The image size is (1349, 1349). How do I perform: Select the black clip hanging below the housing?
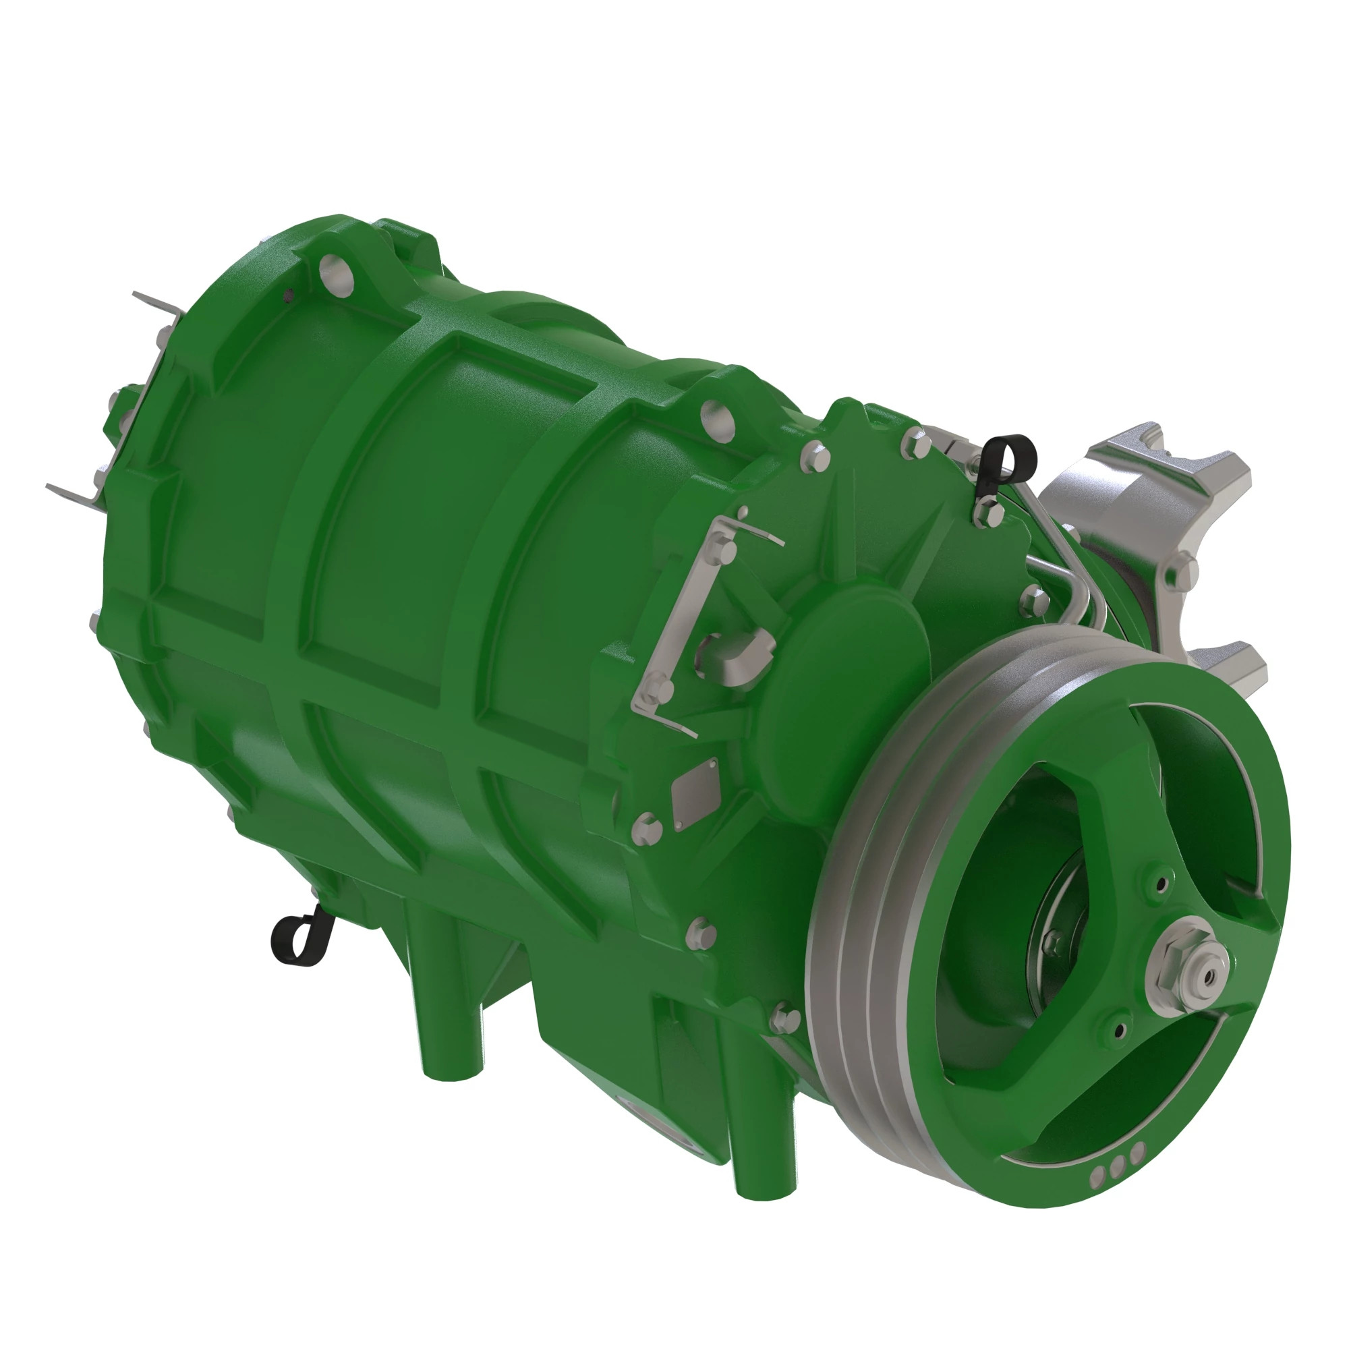tap(297, 936)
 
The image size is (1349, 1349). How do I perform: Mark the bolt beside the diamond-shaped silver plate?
tap(646, 825)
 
